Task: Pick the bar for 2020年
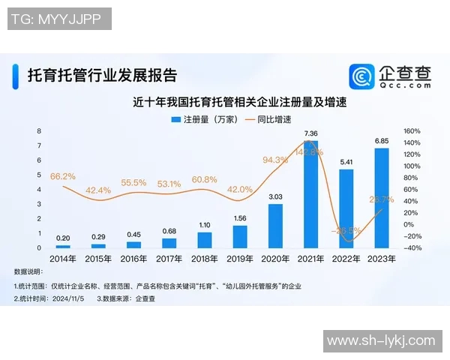coord(275,225)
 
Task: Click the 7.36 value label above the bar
coord(310,133)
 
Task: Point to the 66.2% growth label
coord(63,176)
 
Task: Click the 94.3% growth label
coord(275,160)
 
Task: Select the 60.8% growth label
coord(204,180)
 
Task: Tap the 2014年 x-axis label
coord(63,259)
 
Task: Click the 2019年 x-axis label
coord(240,259)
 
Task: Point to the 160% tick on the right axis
coord(412,130)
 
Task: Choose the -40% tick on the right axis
coord(412,247)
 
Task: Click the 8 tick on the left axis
coord(40,130)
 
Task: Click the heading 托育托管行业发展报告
coord(102,76)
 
